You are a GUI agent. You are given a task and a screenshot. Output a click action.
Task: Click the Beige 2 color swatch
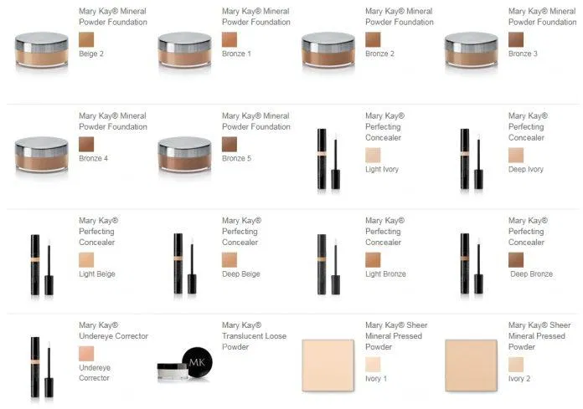coord(86,39)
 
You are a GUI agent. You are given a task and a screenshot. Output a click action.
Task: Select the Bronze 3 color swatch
coord(516,39)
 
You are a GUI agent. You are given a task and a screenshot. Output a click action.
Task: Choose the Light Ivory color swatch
coord(373,155)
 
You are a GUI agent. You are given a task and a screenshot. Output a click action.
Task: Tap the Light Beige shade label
coord(96,274)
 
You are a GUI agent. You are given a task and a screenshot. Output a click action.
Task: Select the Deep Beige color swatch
coord(230,259)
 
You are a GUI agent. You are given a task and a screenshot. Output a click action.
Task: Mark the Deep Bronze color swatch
coord(516,259)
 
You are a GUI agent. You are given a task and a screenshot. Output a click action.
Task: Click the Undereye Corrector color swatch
coord(86,353)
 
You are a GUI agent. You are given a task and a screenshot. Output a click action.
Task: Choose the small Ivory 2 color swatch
coord(516,364)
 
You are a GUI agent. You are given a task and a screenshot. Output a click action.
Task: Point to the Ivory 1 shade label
coord(376,378)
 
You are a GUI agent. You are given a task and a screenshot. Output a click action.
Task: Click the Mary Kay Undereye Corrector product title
coord(113,330)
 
